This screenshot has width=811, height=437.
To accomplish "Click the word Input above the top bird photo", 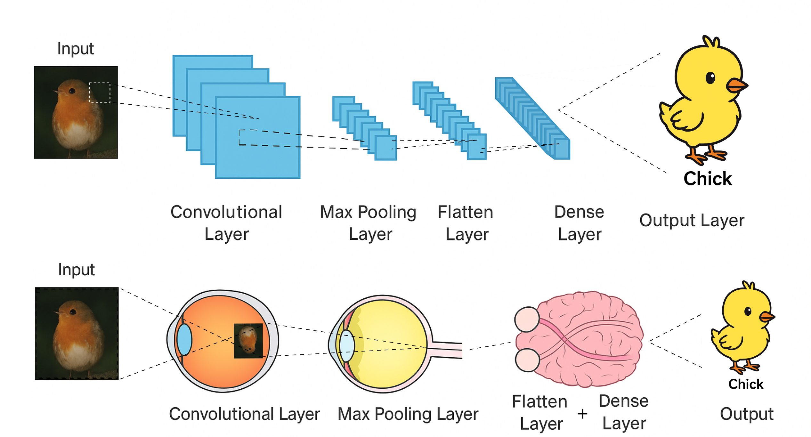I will point(76,49).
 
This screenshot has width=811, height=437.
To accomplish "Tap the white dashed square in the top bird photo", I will point(100,93).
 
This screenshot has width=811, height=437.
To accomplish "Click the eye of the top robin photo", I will point(72,91).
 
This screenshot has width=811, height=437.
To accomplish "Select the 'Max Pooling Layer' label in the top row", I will point(368,223).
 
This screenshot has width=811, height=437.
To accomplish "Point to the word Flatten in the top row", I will point(465,212).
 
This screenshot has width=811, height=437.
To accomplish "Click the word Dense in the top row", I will point(579,212).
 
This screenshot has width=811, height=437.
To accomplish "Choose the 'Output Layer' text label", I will point(692,221).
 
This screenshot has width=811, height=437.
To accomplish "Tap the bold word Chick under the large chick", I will point(708,179).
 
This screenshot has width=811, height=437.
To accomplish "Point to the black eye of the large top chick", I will point(710,78).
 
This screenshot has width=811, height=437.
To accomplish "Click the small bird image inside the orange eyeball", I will point(248,341).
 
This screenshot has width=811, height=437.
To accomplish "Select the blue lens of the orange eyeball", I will point(184,340).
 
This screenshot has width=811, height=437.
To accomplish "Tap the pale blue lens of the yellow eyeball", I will point(347,346).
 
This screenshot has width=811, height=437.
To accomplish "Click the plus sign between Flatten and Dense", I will point(582,414).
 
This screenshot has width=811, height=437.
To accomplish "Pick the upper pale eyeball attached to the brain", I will point(527,320).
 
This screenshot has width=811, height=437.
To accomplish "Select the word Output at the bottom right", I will point(747,414).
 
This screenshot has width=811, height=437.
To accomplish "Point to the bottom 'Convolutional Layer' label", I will point(244,414).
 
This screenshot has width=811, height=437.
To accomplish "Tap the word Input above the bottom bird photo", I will point(76,270).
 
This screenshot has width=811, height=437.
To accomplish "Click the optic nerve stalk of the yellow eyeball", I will point(447,350).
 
